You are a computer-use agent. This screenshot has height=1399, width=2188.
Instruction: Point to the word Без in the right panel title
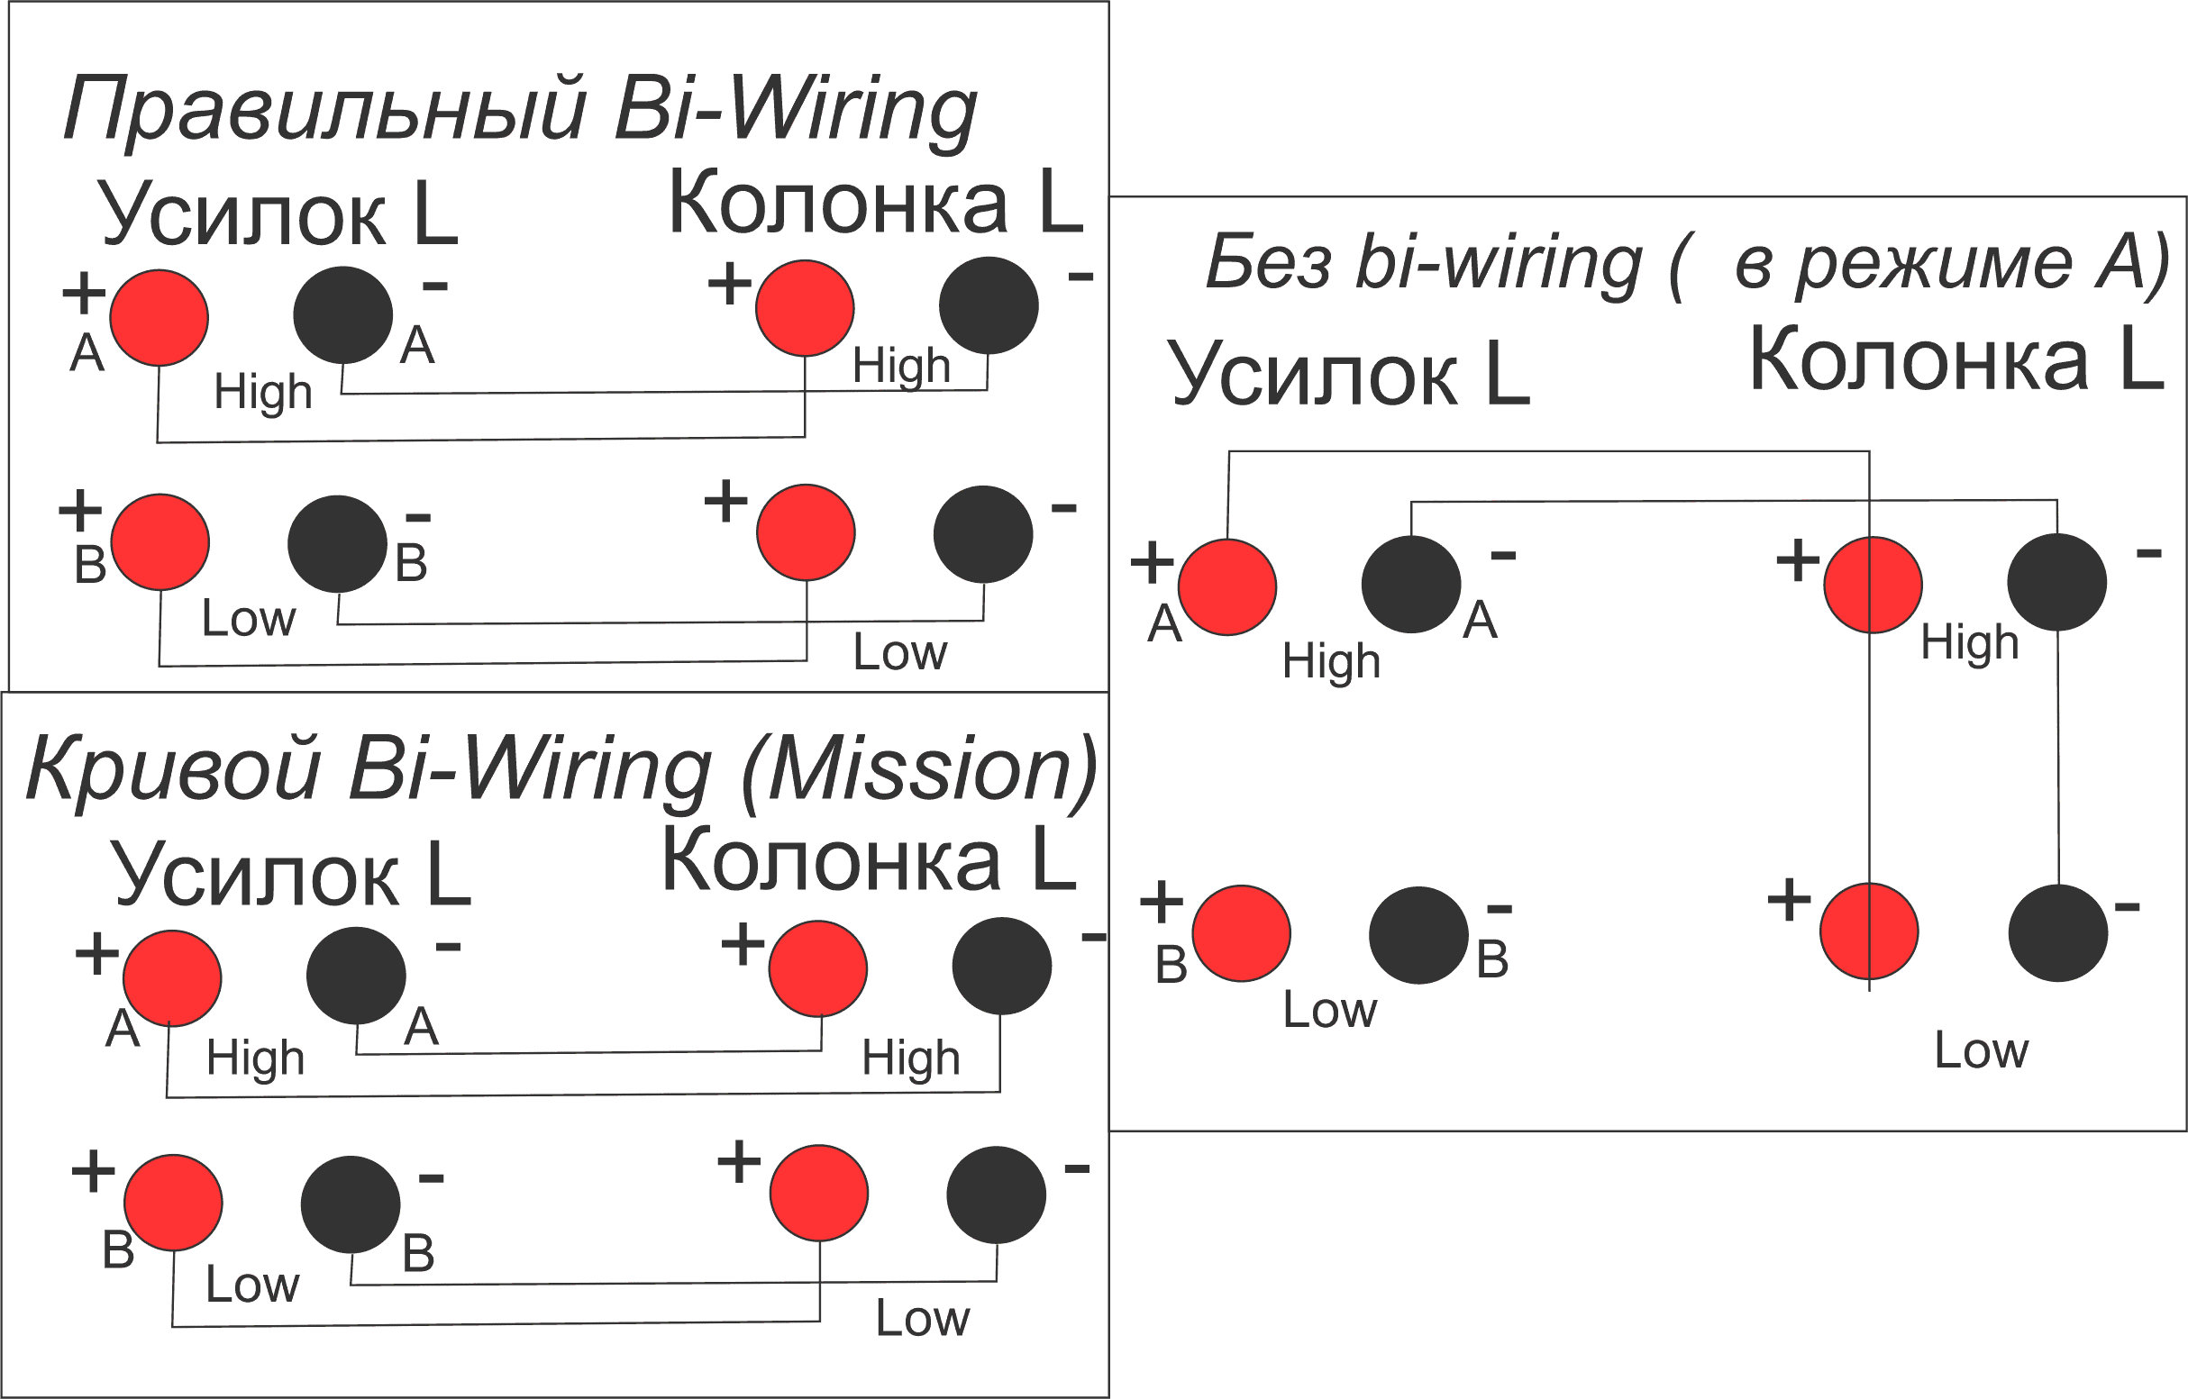(x=1269, y=263)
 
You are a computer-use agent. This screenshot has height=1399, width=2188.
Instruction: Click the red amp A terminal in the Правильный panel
(x=159, y=318)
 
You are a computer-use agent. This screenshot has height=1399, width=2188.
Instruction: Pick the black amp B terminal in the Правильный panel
(x=337, y=543)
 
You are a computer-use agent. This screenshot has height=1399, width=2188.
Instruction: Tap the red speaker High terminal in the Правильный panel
(x=804, y=308)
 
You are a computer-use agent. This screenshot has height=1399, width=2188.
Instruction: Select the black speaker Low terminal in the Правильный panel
(x=983, y=534)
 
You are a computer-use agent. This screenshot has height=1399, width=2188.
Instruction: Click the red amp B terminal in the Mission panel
(x=173, y=1203)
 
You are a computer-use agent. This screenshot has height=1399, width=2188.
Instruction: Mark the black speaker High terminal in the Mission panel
(x=1001, y=966)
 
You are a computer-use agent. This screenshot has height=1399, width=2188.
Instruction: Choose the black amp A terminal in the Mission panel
(x=356, y=975)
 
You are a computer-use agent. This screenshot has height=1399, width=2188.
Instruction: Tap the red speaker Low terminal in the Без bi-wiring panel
(x=1869, y=932)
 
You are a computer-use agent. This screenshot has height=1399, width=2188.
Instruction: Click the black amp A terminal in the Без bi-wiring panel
(x=1411, y=584)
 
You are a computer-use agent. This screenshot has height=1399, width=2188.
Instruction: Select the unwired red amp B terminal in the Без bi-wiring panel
(x=1241, y=933)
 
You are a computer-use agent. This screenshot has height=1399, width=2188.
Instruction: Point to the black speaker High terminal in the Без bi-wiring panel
(x=2057, y=581)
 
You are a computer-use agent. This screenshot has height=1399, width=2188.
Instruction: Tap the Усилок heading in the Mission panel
(x=254, y=874)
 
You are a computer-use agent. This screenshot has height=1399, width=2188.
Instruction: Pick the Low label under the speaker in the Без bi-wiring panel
(x=1981, y=1051)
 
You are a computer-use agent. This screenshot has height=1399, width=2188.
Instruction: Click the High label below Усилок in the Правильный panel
(x=262, y=393)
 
